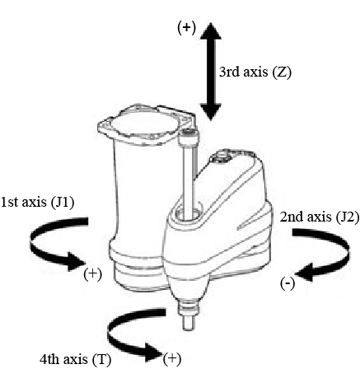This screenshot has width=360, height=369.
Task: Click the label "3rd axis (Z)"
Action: pyautogui.click(x=255, y=72)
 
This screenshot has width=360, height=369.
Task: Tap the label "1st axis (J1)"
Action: pyautogui.click(x=38, y=203)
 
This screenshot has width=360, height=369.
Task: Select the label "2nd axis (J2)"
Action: pyautogui.click(x=320, y=217)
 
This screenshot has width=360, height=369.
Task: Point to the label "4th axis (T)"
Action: pyautogui.click(x=75, y=359)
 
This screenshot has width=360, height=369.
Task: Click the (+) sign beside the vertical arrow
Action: pyautogui.click(x=187, y=28)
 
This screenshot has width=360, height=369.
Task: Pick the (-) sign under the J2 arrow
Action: pyautogui.click(x=288, y=283)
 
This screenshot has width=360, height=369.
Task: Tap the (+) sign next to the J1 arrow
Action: pyautogui.click(x=93, y=274)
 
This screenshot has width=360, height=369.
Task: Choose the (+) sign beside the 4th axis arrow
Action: pyautogui.click(x=172, y=358)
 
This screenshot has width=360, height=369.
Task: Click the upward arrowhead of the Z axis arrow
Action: pyautogui.click(x=211, y=30)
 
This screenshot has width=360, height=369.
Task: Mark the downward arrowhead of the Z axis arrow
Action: pyautogui.click(x=211, y=112)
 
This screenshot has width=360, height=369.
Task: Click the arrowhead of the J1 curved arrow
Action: pyautogui.click(x=76, y=262)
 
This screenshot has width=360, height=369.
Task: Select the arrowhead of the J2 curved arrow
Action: pyautogui.click(x=306, y=273)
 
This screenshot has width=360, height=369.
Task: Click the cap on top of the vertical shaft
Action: pyautogui.click(x=189, y=137)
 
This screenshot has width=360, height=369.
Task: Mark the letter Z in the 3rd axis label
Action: pyautogui.click(x=282, y=72)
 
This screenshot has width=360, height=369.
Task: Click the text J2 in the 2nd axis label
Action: pyautogui.click(x=347, y=217)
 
